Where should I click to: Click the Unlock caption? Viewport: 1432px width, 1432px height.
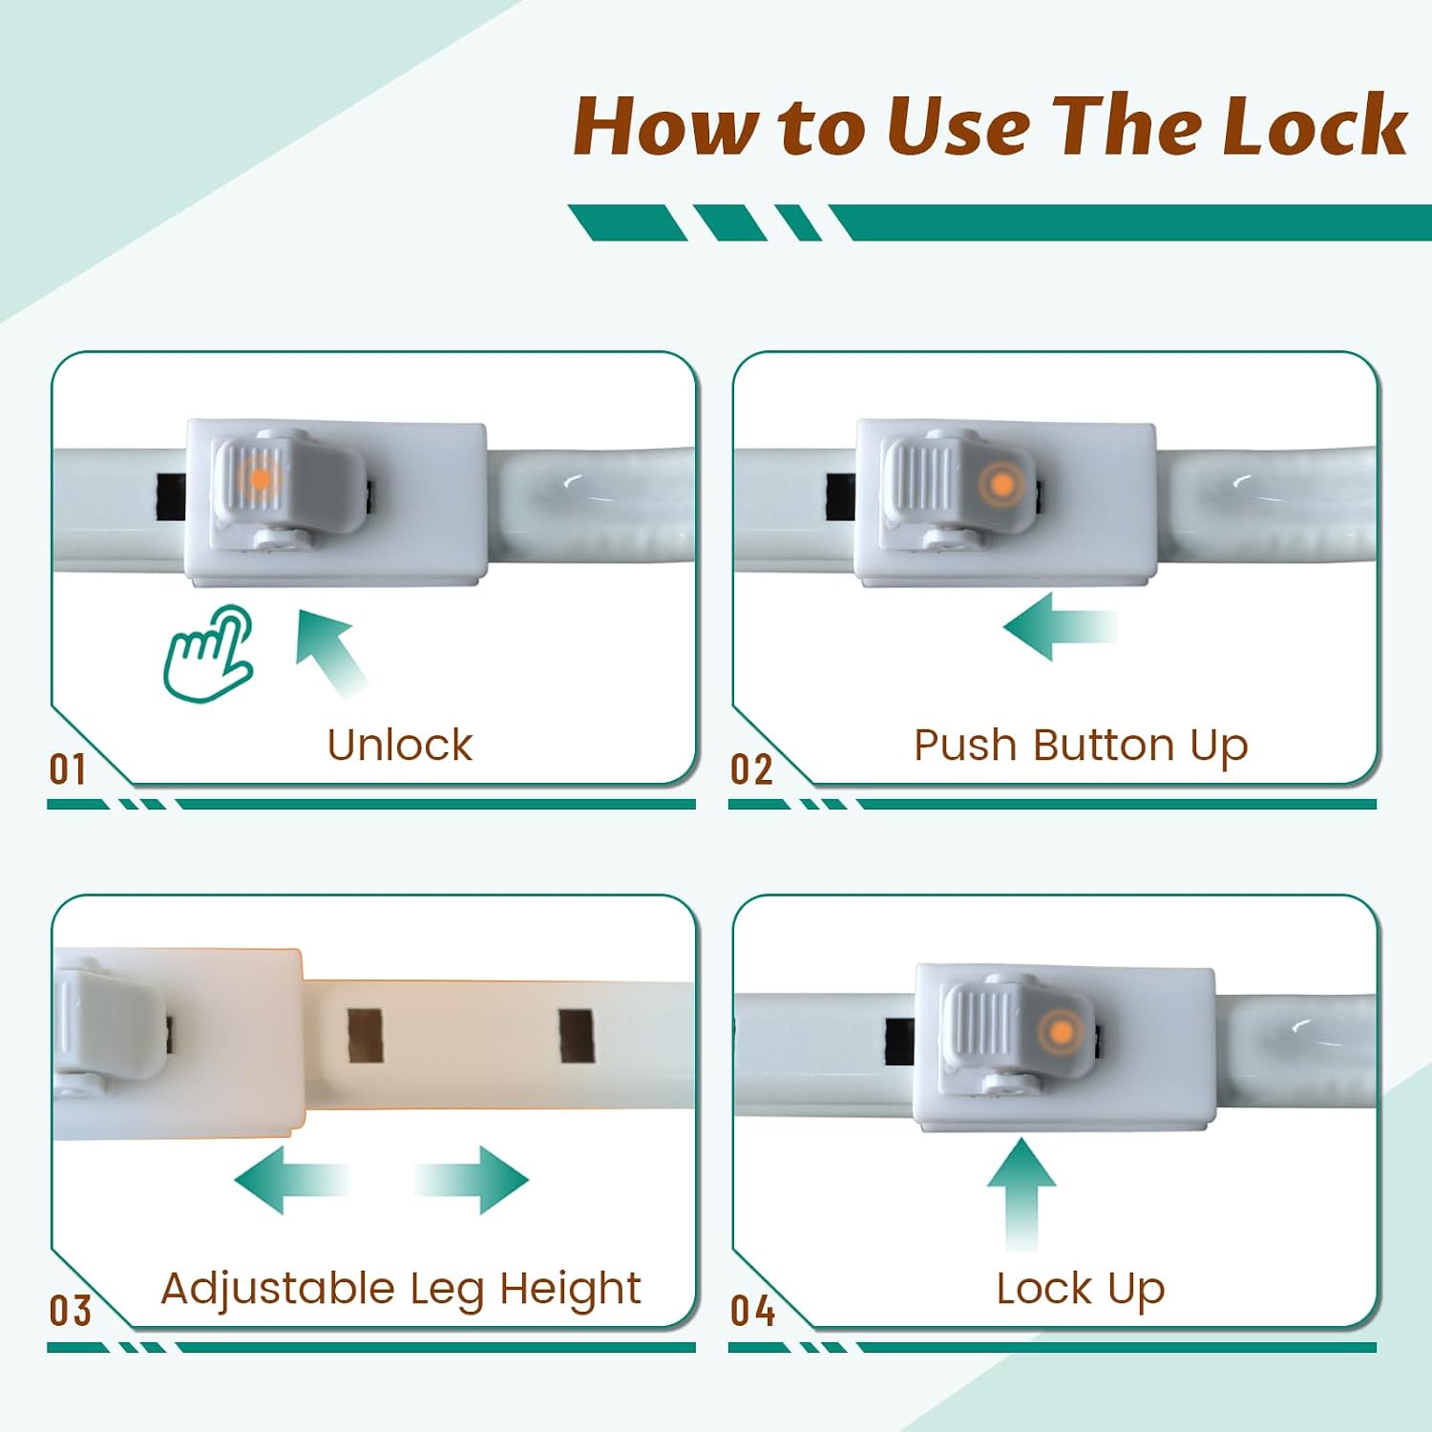pyautogui.click(x=400, y=745)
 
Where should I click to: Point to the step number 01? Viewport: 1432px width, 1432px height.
pyautogui.click(x=68, y=769)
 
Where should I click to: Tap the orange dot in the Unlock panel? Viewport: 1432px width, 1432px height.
pyautogui.click(x=259, y=477)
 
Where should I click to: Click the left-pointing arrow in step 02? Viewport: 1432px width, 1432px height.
pyautogui.click(x=1060, y=626)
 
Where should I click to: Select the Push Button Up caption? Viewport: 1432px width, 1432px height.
pyautogui.click(x=1081, y=747)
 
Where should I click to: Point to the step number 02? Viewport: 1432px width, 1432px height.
pyautogui.click(x=751, y=769)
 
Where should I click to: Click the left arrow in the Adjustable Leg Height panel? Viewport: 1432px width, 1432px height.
pyautogui.click(x=291, y=1180)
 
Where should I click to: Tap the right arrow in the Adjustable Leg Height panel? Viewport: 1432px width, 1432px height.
pyautogui.click(x=472, y=1180)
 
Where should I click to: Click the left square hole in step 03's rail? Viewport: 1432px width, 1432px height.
pyautogui.click(x=365, y=1036)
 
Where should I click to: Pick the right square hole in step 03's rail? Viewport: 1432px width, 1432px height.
pyautogui.click(x=577, y=1036)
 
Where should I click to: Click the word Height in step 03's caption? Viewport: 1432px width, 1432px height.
pyautogui.click(x=570, y=1290)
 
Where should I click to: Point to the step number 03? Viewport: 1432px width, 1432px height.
pyautogui.click(x=70, y=1311)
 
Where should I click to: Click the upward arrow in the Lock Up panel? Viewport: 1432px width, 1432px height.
pyautogui.click(x=1021, y=1194)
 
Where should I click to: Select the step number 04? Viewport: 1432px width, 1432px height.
pyautogui.click(x=752, y=1311)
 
